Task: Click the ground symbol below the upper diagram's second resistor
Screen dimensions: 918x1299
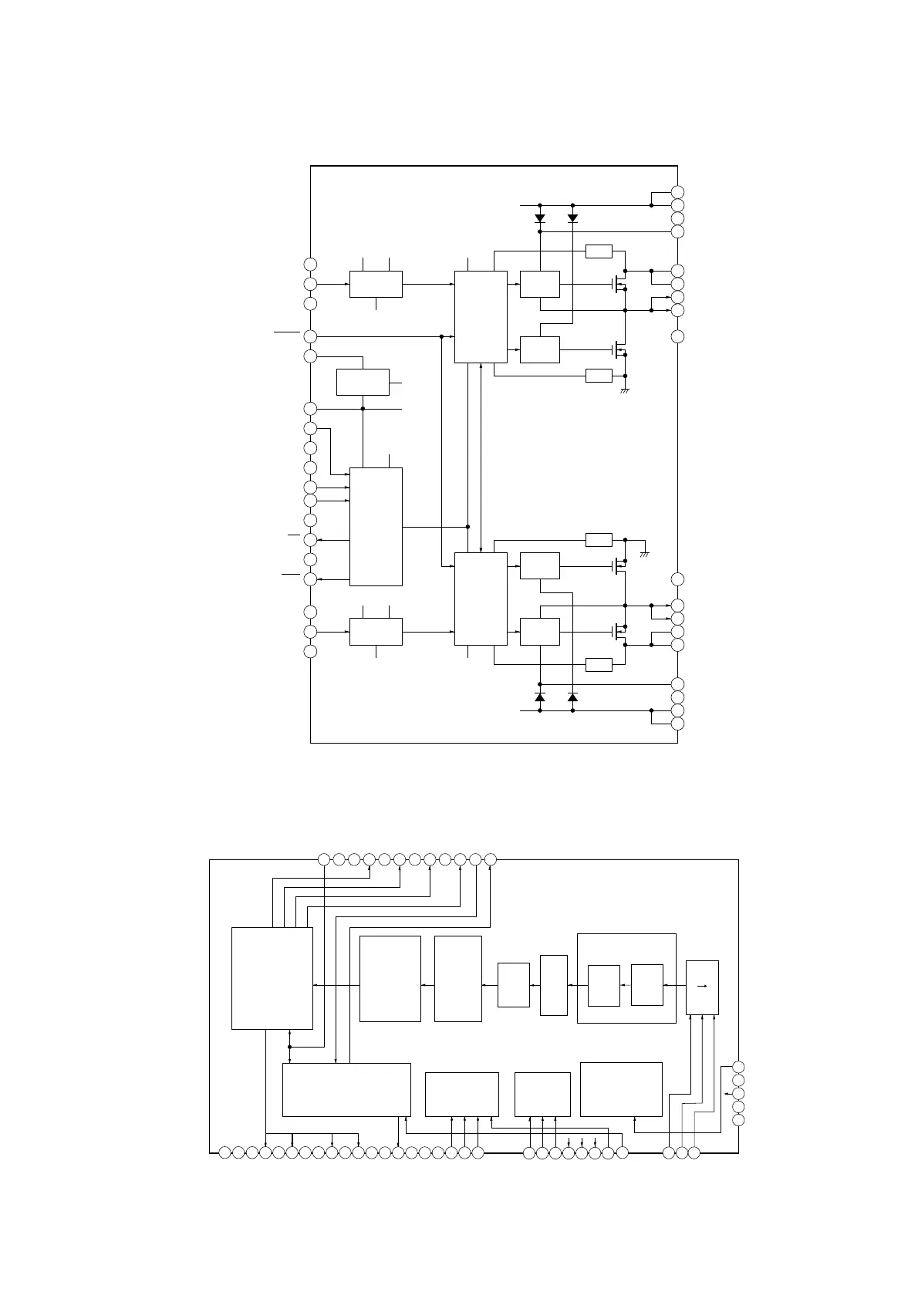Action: [x=625, y=391]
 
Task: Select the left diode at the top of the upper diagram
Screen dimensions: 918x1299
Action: [x=540, y=218]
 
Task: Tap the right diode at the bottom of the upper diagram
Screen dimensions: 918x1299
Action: [x=572, y=697]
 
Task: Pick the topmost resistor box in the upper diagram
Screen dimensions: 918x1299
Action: [x=599, y=251]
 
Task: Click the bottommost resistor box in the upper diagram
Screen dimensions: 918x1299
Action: [x=599, y=664]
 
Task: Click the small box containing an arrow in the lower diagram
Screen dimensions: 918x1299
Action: [x=702, y=987]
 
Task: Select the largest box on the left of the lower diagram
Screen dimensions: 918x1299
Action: [x=272, y=977]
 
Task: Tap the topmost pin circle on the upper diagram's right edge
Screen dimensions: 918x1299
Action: [x=678, y=192]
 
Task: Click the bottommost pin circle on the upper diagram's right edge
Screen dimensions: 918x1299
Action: [x=678, y=724]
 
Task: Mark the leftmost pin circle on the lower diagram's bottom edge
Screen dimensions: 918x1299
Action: [x=224, y=1153]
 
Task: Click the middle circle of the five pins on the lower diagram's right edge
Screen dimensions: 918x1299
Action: [x=738, y=1093]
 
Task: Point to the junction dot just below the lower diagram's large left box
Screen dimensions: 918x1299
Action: [x=289, y=1047]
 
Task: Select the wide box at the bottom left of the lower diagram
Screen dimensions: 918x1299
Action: [x=346, y=1089]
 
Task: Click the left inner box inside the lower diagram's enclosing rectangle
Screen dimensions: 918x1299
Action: [x=603, y=985]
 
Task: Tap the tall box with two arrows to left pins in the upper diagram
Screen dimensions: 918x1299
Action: [x=376, y=526]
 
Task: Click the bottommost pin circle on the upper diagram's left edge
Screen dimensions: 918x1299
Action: [x=310, y=652]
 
